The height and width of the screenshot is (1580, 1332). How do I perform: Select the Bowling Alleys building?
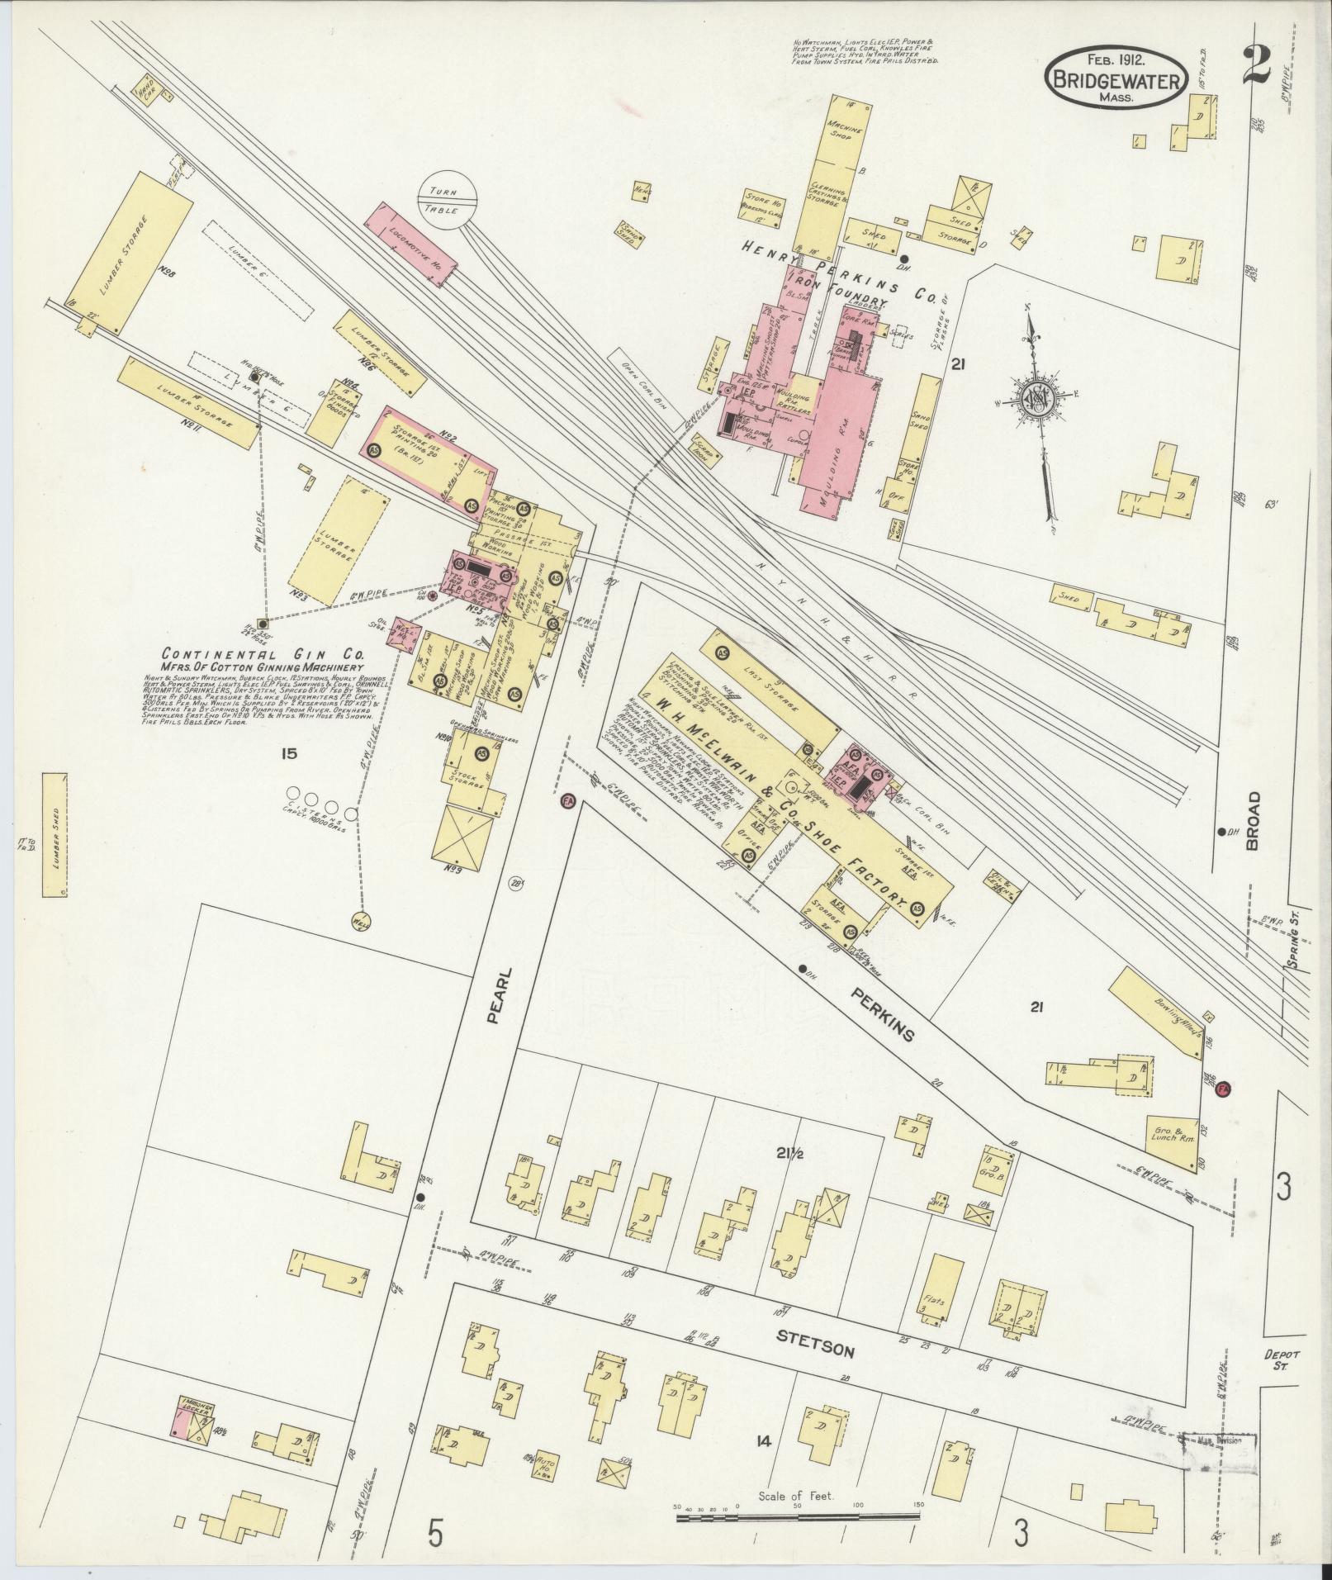(x=1159, y=1011)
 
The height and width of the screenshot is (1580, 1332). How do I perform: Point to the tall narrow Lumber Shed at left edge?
(x=55, y=835)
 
